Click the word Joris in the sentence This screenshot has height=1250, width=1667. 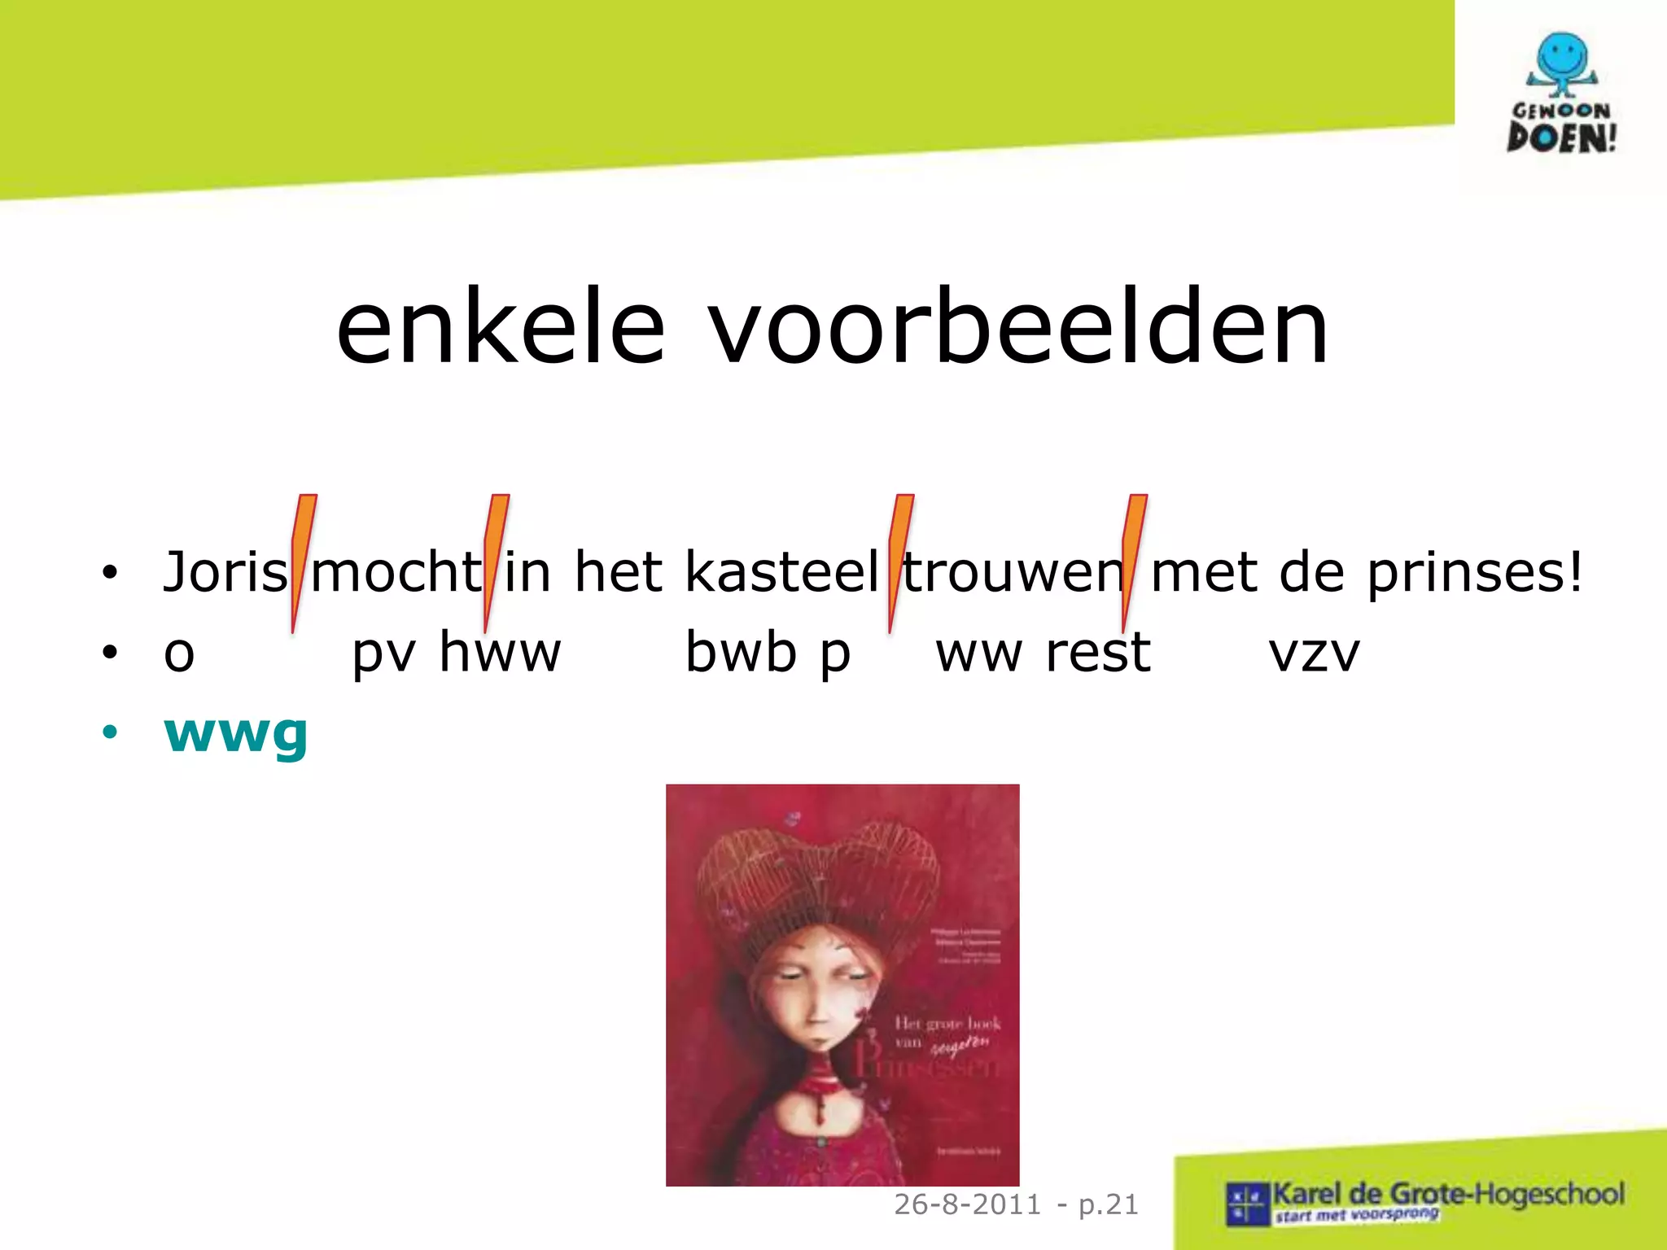point(225,571)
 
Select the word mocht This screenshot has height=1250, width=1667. point(396,571)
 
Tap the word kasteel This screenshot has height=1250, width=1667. point(781,571)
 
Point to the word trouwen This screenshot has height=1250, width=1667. point(1013,571)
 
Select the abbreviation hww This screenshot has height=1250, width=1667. point(500,652)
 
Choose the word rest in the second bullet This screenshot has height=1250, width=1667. point(1098,652)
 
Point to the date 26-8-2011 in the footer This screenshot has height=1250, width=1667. point(968,1204)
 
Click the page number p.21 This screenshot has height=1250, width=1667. point(1109,1204)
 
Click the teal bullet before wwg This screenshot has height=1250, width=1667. point(110,732)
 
